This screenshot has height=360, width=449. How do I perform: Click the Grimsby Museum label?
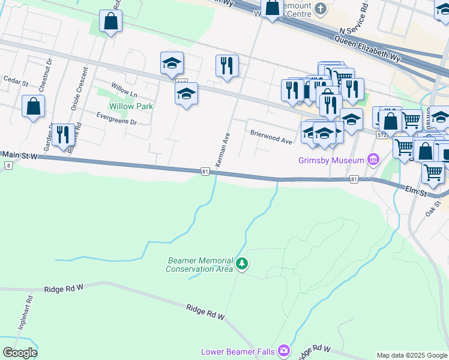331,160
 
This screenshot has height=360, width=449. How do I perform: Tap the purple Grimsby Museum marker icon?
373,160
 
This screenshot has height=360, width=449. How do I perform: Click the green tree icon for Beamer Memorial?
242,264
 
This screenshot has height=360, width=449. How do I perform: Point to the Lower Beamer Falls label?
238,351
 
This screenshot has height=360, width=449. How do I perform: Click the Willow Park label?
131,106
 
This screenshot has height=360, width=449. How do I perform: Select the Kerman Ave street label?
223,150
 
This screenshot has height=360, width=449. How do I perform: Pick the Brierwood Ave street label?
271,137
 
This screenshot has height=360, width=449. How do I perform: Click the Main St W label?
19,155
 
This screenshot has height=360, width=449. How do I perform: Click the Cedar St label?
16,79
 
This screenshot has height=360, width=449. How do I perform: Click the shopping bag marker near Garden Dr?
34,107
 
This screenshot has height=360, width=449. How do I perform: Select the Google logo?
20,352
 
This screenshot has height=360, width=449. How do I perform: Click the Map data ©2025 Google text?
412,355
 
